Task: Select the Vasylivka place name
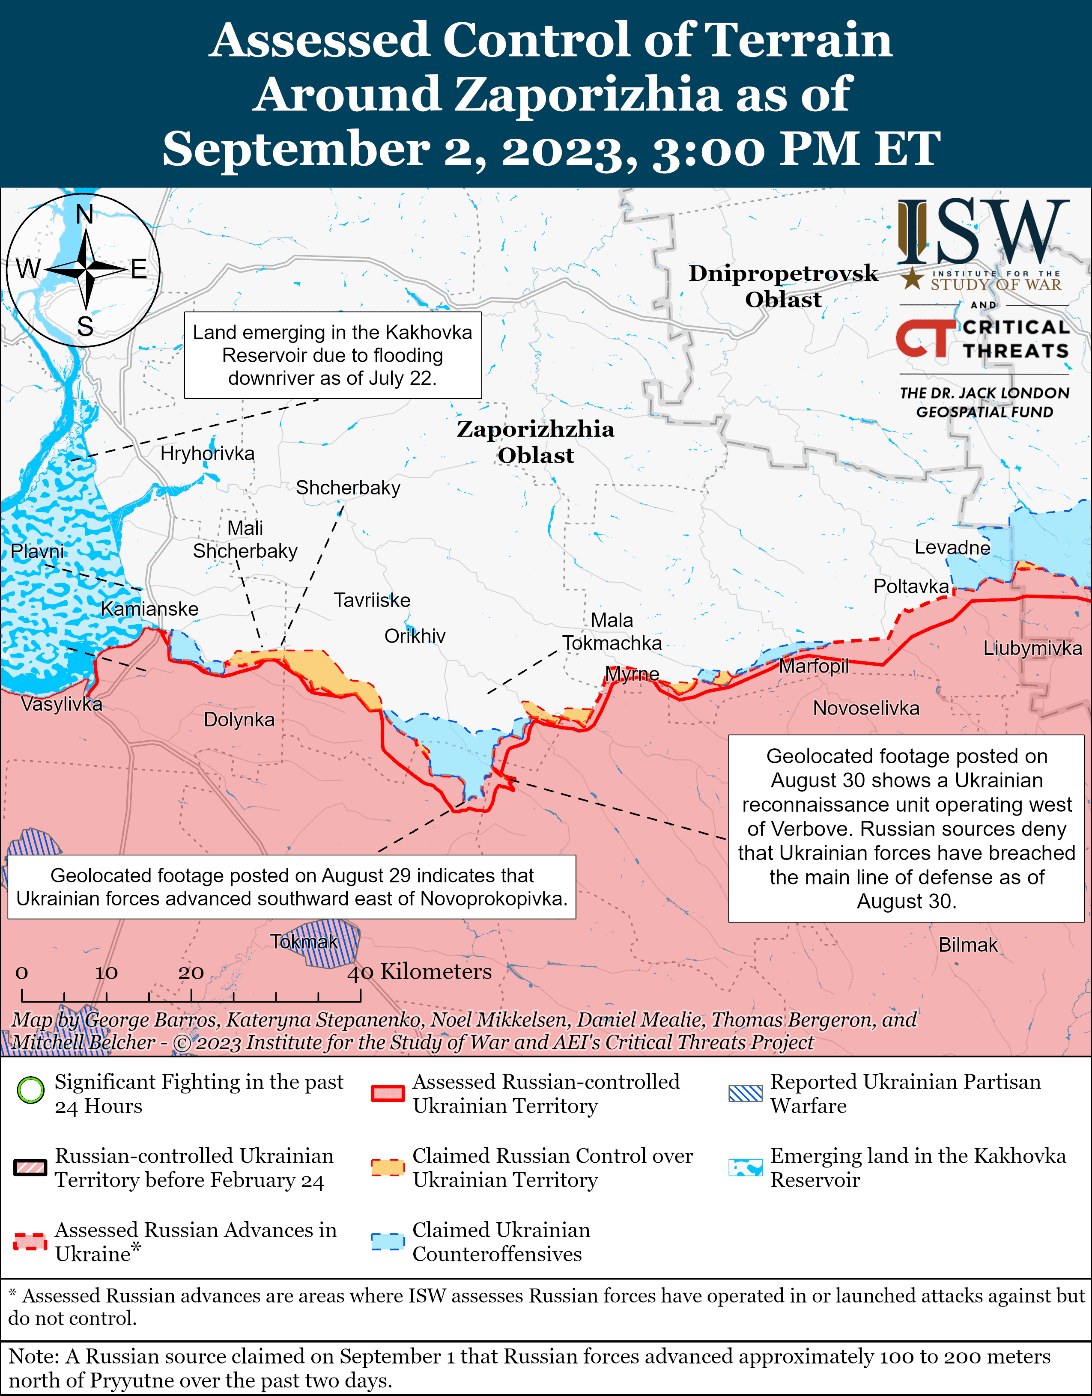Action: click(61, 704)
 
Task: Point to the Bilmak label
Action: click(967, 945)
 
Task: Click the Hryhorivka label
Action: click(207, 454)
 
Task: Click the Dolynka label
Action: click(239, 720)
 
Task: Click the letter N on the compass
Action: click(84, 215)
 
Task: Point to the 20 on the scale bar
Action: click(191, 973)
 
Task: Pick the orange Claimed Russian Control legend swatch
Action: click(388, 1167)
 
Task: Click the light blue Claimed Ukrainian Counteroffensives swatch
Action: click(388, 1241)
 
